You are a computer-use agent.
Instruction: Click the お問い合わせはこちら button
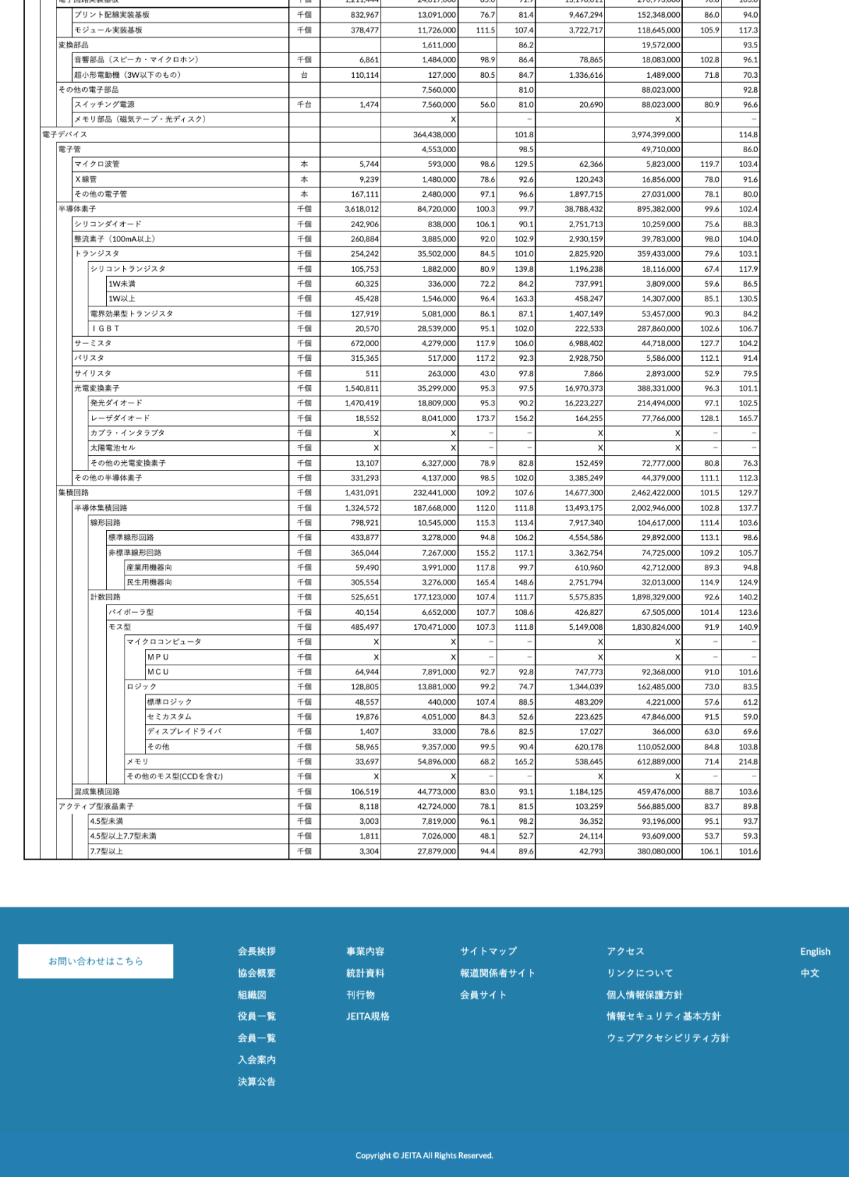coord(96,961)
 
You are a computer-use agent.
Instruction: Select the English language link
coord(815,952)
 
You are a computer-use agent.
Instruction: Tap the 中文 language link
coord(809,973)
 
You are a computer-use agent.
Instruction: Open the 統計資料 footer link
coord(365,973)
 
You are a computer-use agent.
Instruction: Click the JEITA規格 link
coord(367,1016)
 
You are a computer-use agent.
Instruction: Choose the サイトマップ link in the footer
coord(488,952)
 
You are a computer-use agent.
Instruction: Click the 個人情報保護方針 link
coord(644,995)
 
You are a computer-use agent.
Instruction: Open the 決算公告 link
coord(257,1081)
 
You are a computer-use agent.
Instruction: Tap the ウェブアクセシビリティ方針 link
coord(667,1038)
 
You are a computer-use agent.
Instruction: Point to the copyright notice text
coord(424,1156)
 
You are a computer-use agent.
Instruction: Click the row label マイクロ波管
coord(97,164)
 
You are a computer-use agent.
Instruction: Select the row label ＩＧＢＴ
coord(105,328)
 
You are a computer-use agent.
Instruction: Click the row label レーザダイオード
coord(120,418)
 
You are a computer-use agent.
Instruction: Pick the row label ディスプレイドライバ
coord(184,732)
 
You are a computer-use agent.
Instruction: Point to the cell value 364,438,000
coord(434,134)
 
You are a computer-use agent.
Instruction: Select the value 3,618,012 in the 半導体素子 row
coord(362,209)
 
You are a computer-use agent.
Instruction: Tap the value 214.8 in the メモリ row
coord(748,762)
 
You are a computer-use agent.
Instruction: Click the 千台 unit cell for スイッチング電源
coord(304,105)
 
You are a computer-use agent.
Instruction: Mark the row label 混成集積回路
coord(97,792)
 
